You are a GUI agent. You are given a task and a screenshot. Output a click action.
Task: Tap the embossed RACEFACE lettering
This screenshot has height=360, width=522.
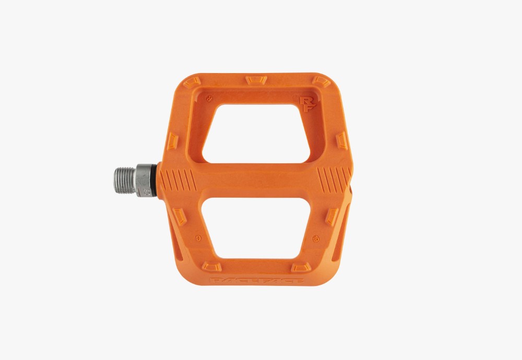pyautogui.click(x=258, y=282)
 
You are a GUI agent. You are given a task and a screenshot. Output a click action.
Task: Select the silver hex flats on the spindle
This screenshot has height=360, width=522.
pyautogui.click(x=144, y=180)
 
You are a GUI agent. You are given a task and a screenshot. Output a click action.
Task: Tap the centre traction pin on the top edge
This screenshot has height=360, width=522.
pyautogui.click(x=256, y=80)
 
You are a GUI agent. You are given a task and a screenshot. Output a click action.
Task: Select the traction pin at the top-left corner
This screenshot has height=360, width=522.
pyautogui.click(x=192, y=82)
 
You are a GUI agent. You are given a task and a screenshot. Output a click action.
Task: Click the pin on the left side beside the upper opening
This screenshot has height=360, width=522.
pyautogui.click(x=173, y=141)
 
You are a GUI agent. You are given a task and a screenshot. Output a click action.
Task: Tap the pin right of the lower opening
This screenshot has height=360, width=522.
pyautogui.click(x=332, y=217)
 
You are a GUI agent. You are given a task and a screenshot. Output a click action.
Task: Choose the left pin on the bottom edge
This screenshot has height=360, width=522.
pyautogui.click(x=212, y=267)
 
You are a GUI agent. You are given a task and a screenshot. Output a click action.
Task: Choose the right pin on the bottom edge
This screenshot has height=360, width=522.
pyautogui.click(x=301, y=267)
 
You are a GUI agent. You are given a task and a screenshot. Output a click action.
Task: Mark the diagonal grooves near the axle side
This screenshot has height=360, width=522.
pyautogui.click(x=177, y=181)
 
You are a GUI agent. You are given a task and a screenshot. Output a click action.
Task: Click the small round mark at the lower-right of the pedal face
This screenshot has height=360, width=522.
pyautogui.click(x=315, y=238)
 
